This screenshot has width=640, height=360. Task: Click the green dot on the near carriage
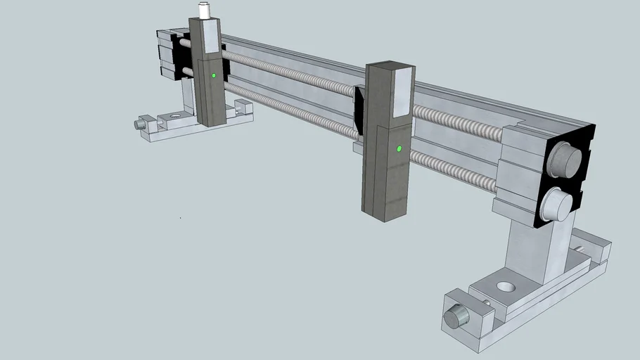click(x=399, y=149)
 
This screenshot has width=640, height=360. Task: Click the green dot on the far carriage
click(x=213, y=75)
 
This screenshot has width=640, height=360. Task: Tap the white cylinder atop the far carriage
click(x=204, y=11)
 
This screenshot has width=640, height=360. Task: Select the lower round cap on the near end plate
click(x=558, y=204)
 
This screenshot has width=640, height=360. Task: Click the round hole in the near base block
click(x=505, y=286)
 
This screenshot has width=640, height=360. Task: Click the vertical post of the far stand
click(x=188, y=95)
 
